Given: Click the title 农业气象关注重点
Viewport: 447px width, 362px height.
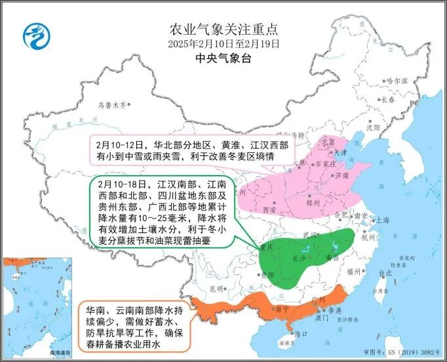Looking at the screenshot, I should (x=223, y=29).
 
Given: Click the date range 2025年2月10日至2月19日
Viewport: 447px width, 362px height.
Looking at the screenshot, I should (x=223, y=44).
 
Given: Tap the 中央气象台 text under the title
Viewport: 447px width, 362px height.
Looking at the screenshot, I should (x=223, y=58).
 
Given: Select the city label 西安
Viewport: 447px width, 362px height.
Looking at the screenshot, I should (x=271, y=209).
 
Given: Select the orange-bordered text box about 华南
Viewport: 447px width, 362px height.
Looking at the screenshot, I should (x=135, y=322).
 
